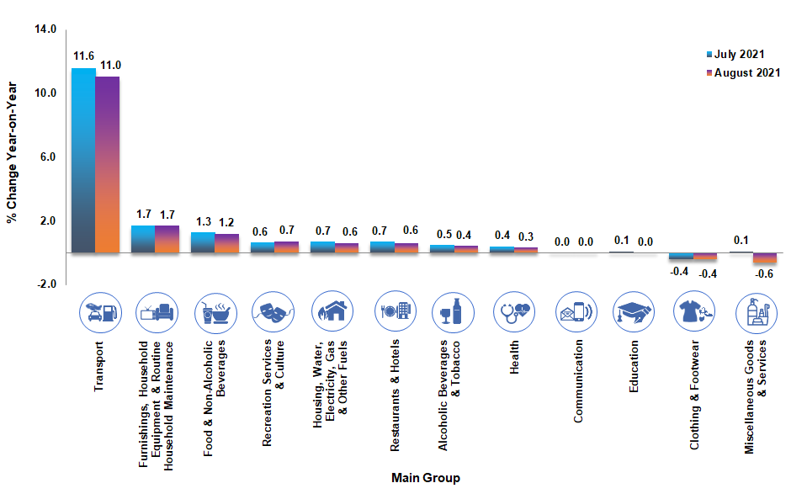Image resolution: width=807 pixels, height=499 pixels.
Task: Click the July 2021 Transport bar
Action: (x=82, y=160)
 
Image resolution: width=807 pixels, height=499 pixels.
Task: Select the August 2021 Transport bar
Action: (x=107, y=164)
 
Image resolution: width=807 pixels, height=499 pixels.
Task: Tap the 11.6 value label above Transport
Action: (x=83, y=57)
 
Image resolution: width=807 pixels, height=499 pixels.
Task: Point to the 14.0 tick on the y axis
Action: (x=44, y=29)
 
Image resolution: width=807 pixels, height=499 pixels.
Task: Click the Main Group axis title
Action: (x=426, y=478)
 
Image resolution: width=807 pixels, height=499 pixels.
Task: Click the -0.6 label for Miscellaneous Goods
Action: (x=764, y=274)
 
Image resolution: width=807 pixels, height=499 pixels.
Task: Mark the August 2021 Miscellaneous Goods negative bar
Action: (x=764, y=257)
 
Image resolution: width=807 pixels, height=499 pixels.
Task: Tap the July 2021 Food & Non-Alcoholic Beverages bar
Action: (x=203, y=242)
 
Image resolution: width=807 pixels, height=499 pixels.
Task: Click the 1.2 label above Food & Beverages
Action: (x=227, y=223)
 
